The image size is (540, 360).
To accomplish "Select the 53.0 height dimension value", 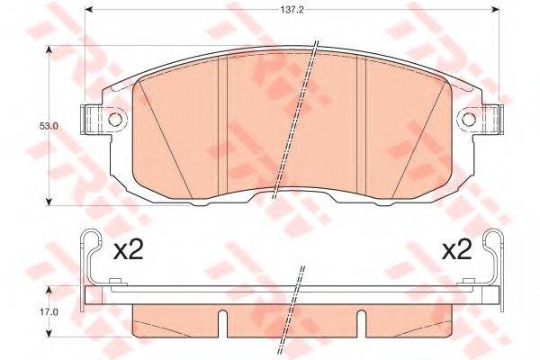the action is click(49, 126).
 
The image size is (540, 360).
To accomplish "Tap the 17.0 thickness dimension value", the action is click(49, 312).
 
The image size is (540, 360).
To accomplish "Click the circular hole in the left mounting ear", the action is click(114, 120).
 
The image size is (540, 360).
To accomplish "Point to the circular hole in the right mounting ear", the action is click(469, 120).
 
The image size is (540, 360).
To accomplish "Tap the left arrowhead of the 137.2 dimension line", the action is click(89, 9).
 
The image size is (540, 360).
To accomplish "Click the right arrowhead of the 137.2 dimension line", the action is click(495, 9).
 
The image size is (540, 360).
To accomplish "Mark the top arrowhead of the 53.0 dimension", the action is click(49, 49).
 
